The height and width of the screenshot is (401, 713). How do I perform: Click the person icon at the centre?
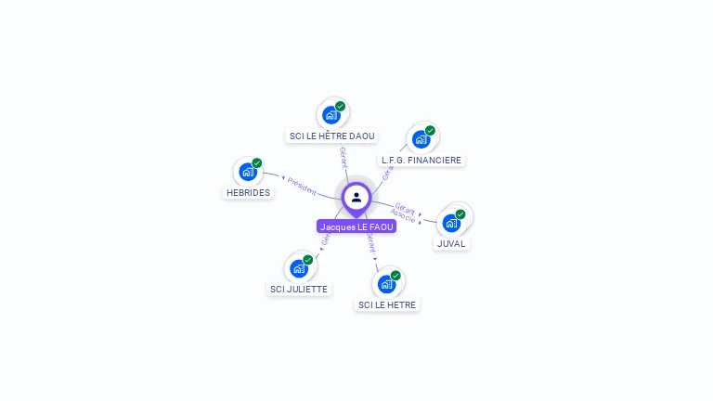click(356, 197)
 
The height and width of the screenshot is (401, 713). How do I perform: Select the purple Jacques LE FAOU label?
click(356, 226)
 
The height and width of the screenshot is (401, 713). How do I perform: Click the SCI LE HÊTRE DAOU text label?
click(332, 136)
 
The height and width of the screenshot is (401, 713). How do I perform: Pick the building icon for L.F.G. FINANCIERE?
click(421, 140)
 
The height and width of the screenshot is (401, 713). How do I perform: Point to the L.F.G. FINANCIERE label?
click(421, 161)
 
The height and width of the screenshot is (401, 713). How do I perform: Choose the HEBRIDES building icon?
click(247, 172)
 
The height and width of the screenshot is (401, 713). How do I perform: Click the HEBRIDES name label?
click(248, 193)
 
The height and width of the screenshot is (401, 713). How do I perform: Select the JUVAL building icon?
click(451, 223)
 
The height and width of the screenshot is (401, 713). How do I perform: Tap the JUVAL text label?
click(452, 244)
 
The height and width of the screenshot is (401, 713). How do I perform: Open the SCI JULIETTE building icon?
click(298, 268)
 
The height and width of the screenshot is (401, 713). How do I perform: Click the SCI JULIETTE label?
click(299, 290)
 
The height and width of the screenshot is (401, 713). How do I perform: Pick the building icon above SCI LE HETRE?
click(386, 284)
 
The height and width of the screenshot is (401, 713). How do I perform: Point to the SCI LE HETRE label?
click(388, 305)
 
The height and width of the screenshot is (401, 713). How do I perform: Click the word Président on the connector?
click(302, 185)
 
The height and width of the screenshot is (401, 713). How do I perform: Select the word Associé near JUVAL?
click(403, 215)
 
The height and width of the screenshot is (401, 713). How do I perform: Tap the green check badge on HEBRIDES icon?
click(257, 162)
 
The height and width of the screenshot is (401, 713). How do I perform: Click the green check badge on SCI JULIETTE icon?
click(308, 259)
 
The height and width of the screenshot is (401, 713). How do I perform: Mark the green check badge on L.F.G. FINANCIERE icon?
click(431, 131)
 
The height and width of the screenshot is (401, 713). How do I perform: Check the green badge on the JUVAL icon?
click(460, 214)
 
